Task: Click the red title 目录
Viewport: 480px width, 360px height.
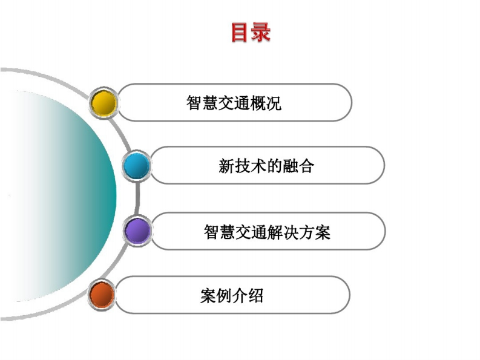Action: [251, 32]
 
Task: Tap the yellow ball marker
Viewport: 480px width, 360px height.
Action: [104, 102]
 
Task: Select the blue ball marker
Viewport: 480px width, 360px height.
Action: [137, 166]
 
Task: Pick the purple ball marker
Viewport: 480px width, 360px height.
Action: [138, 231]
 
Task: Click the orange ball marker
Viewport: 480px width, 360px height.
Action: [102, 295]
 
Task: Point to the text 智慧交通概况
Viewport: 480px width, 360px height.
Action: [234, 103]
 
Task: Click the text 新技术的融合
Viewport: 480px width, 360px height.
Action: [266, 166]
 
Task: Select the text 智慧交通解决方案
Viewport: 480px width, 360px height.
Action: [268, 232]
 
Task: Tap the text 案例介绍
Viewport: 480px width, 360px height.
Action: [232, 296]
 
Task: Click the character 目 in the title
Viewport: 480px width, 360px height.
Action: [240, 32]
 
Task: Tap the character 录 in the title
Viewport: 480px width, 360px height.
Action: [261, 32]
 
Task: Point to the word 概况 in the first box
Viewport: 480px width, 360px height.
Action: [266, 103]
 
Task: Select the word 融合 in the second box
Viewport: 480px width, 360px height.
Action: [298, 166]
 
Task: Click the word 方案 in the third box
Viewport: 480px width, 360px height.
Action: [315, 232]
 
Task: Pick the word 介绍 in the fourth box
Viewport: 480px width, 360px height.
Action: [248, 296]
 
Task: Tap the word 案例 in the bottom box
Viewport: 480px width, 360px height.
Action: [216, 296]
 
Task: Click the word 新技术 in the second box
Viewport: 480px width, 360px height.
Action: [242, 166]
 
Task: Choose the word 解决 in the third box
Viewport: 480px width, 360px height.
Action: [283, 232]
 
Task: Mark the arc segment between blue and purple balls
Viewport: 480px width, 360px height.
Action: [137, 198]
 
